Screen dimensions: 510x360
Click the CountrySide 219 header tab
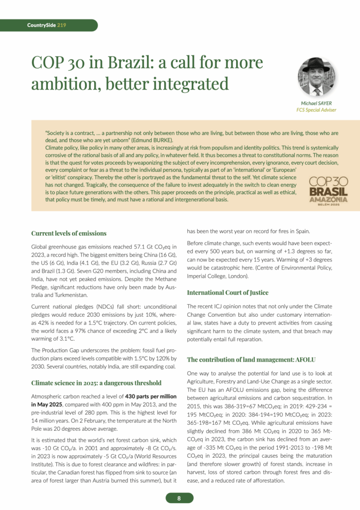pos(47,25)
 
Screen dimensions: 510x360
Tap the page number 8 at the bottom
pos(179,498)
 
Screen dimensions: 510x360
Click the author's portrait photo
pos(316,77)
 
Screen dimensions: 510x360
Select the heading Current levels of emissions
pos(69,233)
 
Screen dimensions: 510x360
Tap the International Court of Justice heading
pos(228,292)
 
